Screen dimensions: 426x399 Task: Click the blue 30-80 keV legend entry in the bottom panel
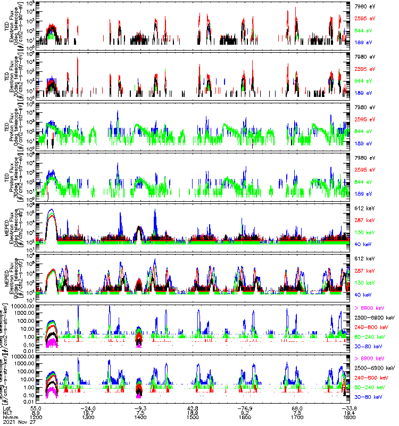point(367,397)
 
